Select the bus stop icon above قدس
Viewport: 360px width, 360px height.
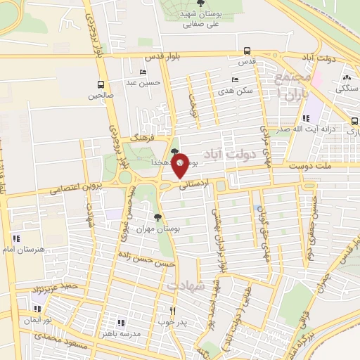point(247,51)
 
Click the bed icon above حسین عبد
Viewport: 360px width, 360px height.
point(143,72)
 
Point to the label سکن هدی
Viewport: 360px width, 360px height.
point(235,91)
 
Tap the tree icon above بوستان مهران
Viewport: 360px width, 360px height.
point(157,217)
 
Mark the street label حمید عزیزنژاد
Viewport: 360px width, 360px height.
point(56,288)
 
